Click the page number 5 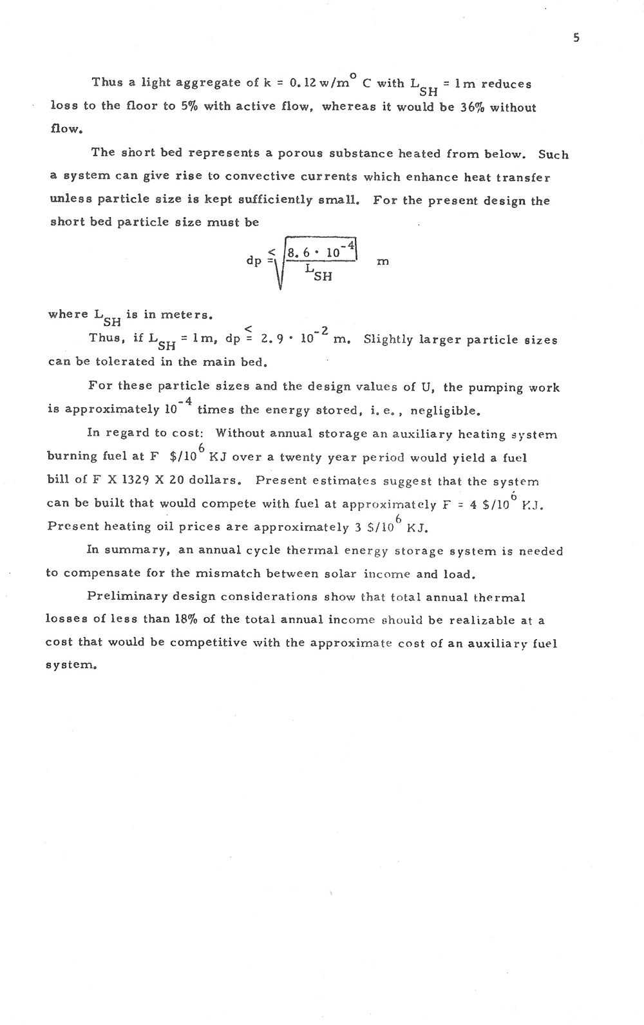tap(576, 38)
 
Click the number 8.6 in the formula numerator tap(299, 253)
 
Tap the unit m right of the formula tap(383, 262)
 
